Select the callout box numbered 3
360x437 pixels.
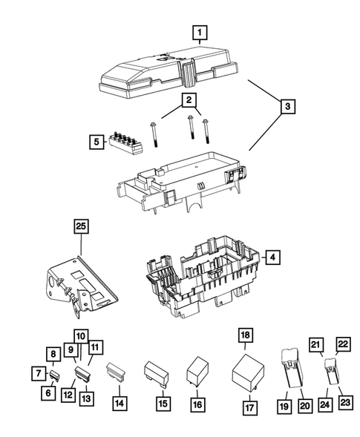tap(285, 108)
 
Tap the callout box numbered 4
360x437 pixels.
tap(272, 257)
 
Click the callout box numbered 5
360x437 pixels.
tap(96, 139)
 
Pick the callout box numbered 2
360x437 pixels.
tap(190, 99)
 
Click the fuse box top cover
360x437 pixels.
tap(167, 72)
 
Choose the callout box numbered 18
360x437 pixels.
tap(245, 335)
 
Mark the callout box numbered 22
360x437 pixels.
tap(343, 344)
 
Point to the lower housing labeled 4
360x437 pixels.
tap(197, 286)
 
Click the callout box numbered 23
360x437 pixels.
tap(343, 403)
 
